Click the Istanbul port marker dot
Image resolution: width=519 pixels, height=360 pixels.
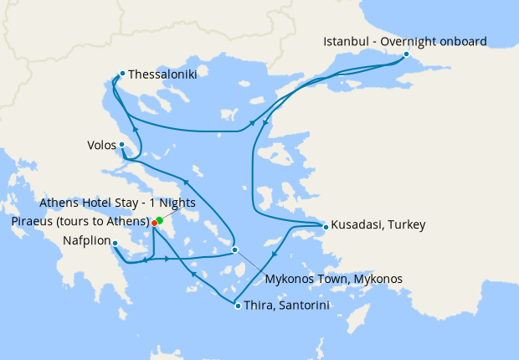pos(406,54)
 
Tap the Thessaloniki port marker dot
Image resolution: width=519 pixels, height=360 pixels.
pos(122,73)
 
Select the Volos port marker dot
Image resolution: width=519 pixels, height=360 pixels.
pos(121,144)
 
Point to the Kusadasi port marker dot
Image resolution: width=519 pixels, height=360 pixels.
pos(326,225)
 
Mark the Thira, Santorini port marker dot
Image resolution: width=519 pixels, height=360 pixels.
pos(238,306)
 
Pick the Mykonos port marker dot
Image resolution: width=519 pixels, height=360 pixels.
pos(235,249)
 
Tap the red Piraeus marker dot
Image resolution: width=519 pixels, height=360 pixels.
pos(154,223)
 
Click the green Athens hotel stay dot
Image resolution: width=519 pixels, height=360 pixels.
pos(159,219)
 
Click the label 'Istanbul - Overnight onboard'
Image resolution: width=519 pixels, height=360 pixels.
pos(405,40)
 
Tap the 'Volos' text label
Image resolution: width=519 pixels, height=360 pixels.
pos(101,145)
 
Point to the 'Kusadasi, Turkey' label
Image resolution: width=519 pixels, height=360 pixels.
pos(378,225)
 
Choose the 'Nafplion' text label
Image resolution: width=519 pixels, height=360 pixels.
pos(86,243)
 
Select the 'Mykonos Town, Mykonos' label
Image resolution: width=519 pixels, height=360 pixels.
pos(333,278)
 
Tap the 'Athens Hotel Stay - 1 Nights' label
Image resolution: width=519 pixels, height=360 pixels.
pos(118,203)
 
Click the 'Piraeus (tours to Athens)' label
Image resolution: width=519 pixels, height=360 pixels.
pos(80,222)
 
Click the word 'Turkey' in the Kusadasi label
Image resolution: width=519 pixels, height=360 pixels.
pos(407,225)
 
